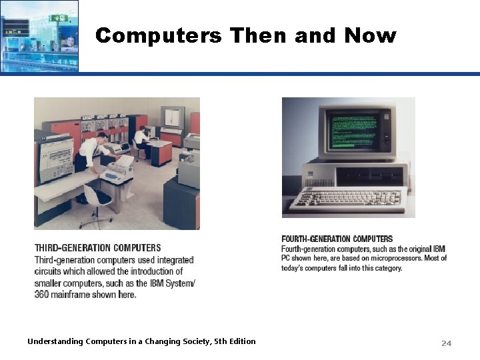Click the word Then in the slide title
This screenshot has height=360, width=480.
coord(257,35)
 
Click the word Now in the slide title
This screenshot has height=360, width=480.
coord(370,35)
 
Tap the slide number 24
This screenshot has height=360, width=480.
coord(446,343)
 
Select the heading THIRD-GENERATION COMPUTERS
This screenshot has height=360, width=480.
coord(97,248)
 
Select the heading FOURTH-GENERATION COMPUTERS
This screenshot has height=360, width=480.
coord(337,239)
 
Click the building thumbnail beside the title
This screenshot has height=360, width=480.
coord(39,35)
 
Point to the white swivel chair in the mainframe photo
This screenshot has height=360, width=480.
coord(97,200)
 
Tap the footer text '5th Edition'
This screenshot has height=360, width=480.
coord(234,341)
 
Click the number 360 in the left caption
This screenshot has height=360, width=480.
coord(42,295)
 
